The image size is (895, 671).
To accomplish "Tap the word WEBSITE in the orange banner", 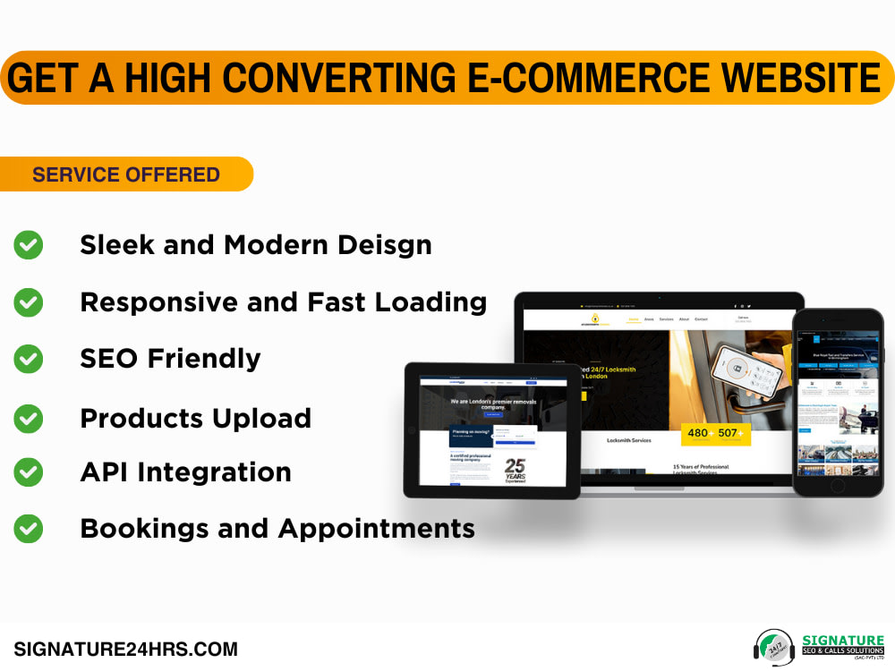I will [801, 78].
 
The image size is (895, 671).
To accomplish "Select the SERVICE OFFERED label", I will [126, 174].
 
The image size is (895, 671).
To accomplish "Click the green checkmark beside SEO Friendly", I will [29, 359].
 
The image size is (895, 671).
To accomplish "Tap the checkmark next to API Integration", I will [29, 472].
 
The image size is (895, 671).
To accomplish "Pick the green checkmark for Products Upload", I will [29, 418].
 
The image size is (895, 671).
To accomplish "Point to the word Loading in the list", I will [430, 302].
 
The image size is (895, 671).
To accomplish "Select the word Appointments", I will [377, 529].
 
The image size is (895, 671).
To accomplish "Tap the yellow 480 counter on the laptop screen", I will [697, 434].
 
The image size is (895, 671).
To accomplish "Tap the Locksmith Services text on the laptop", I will [629, 441].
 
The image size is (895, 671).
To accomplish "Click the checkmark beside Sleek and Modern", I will [29, 245].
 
